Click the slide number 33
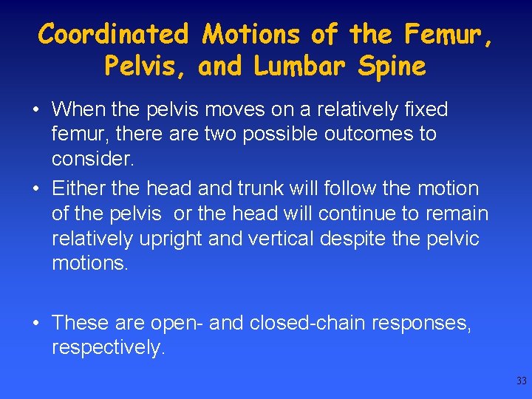tap(522, 381)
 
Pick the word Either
tap(78, 189)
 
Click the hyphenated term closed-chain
tap(309, 324)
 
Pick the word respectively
tap(107, 348)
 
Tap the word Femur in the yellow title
tap(446, 34)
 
